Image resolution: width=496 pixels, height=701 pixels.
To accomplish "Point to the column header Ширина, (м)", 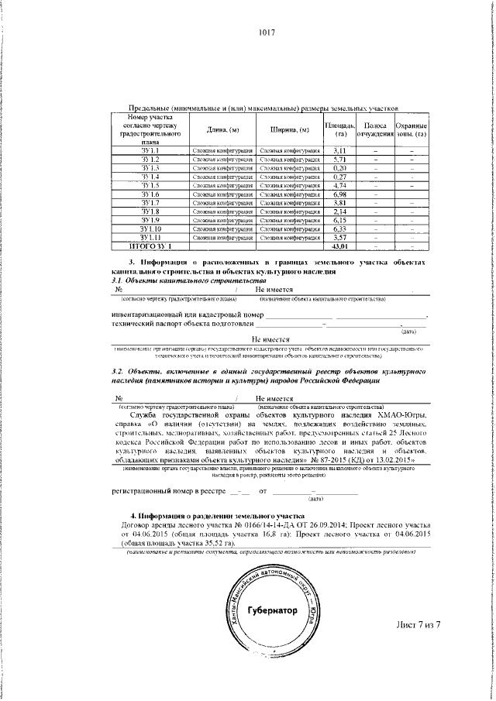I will click(290, 130).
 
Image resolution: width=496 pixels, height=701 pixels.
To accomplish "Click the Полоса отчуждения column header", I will click(375, 130).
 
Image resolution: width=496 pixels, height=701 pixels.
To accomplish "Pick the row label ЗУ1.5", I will click(150, 186).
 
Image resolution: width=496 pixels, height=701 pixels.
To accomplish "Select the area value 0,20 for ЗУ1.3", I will click(339, 168).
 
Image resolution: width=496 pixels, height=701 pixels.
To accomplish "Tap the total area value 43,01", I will click(339, 246).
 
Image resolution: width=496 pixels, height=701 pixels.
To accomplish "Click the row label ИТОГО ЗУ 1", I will click(150, 246).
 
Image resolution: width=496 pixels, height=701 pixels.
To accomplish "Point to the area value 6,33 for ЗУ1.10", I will click(339, 229).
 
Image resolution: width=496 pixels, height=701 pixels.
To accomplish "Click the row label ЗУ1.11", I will click(150, 238).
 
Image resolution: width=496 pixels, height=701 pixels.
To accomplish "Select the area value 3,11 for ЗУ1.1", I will click(339, 150).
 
